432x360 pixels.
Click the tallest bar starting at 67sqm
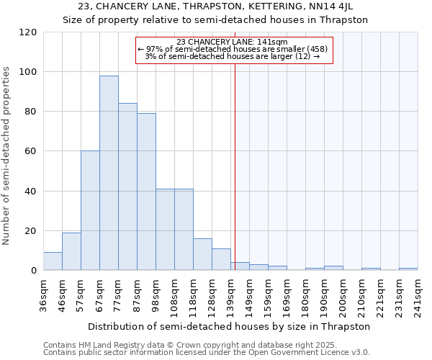[109, 173]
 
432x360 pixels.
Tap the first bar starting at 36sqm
[53, 261]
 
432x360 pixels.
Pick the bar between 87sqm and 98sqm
[146, 192]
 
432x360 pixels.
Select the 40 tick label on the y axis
[31, 192]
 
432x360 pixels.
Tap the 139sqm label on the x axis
[231, 294]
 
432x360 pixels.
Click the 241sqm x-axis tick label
[418, 294]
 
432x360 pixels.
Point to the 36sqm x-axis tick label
[44, 294]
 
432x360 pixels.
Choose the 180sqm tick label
[306, 294]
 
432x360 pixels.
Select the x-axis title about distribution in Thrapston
[230, 326]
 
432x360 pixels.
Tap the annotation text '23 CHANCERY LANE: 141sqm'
[232, 42]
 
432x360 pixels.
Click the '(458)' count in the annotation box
[316, 49]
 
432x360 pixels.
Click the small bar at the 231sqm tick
[408, 269]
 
